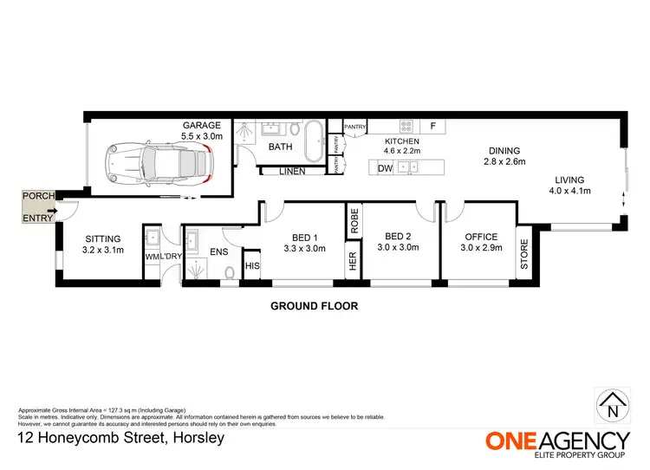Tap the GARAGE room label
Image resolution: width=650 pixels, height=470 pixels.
(201, 125)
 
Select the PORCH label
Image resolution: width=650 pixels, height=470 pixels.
(37, 197)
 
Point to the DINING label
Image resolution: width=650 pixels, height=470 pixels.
(502, 150)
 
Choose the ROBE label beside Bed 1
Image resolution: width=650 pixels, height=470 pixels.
(354, 221)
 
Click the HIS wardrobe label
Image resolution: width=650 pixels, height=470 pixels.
(252, 266)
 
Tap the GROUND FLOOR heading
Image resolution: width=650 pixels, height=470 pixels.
(314, 305)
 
